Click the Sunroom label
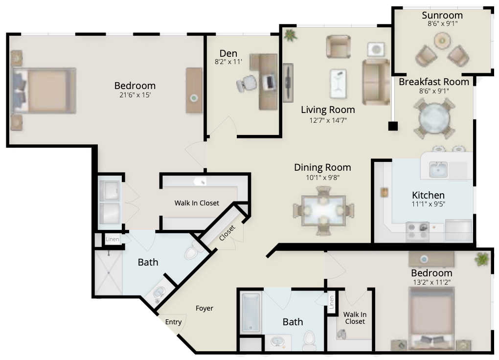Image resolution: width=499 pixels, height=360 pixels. tap(442, 15)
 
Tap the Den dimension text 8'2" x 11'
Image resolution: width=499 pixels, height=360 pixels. tap(228, 62)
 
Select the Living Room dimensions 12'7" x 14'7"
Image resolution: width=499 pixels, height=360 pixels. tap(328, 120)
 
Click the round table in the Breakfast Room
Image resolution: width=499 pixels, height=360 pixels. tap(434, 118)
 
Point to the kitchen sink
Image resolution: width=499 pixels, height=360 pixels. tap(438, 169)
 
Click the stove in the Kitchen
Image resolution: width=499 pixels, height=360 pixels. tap(418, 231)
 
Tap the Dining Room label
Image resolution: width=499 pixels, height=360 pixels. tap(322, 167)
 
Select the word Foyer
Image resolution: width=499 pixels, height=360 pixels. tap(204, 308)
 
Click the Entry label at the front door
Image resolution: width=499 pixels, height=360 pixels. tap(173, 322)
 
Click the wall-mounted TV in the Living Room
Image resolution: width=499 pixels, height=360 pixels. tap(288, 83)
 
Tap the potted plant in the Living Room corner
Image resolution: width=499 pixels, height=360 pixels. tap(290, 35)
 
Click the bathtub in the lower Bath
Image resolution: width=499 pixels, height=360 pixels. tap(251, 313)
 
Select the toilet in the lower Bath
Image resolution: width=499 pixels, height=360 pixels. tap(309, 341)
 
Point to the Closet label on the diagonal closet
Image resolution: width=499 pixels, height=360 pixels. tap(227, 233)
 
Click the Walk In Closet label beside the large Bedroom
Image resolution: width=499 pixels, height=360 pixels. tap(197, 203)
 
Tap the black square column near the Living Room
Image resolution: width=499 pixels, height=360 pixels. tap(393, 126)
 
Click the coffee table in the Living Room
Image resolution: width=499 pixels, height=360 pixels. tap(338, 83)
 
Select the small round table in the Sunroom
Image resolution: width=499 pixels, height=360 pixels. tap(442, 41)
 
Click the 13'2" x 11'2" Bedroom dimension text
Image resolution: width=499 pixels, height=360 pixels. tap(431, 282)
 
